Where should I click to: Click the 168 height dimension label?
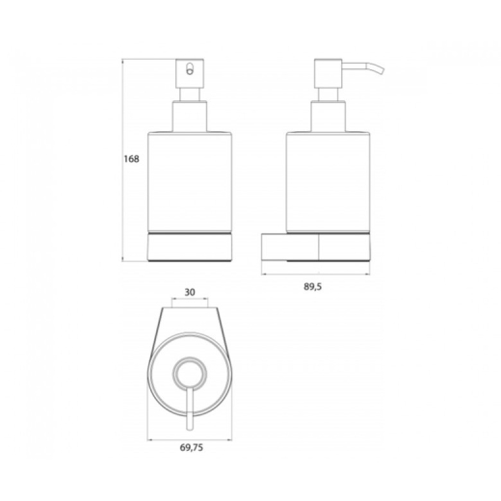(x=132, y=159)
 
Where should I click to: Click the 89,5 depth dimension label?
(x=313, y=287)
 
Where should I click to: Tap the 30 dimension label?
(x=190, y=292)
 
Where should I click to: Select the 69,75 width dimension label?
(x=192, y=448)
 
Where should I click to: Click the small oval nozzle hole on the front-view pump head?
(x=190, y=69)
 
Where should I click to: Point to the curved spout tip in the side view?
(x=382, y=71)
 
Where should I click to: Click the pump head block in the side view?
(x=328, y=73)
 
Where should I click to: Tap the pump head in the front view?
(x=190, y=73)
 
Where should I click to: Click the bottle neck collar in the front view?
(x=190, y=117)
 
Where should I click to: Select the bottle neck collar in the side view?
(x=328, y=117)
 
